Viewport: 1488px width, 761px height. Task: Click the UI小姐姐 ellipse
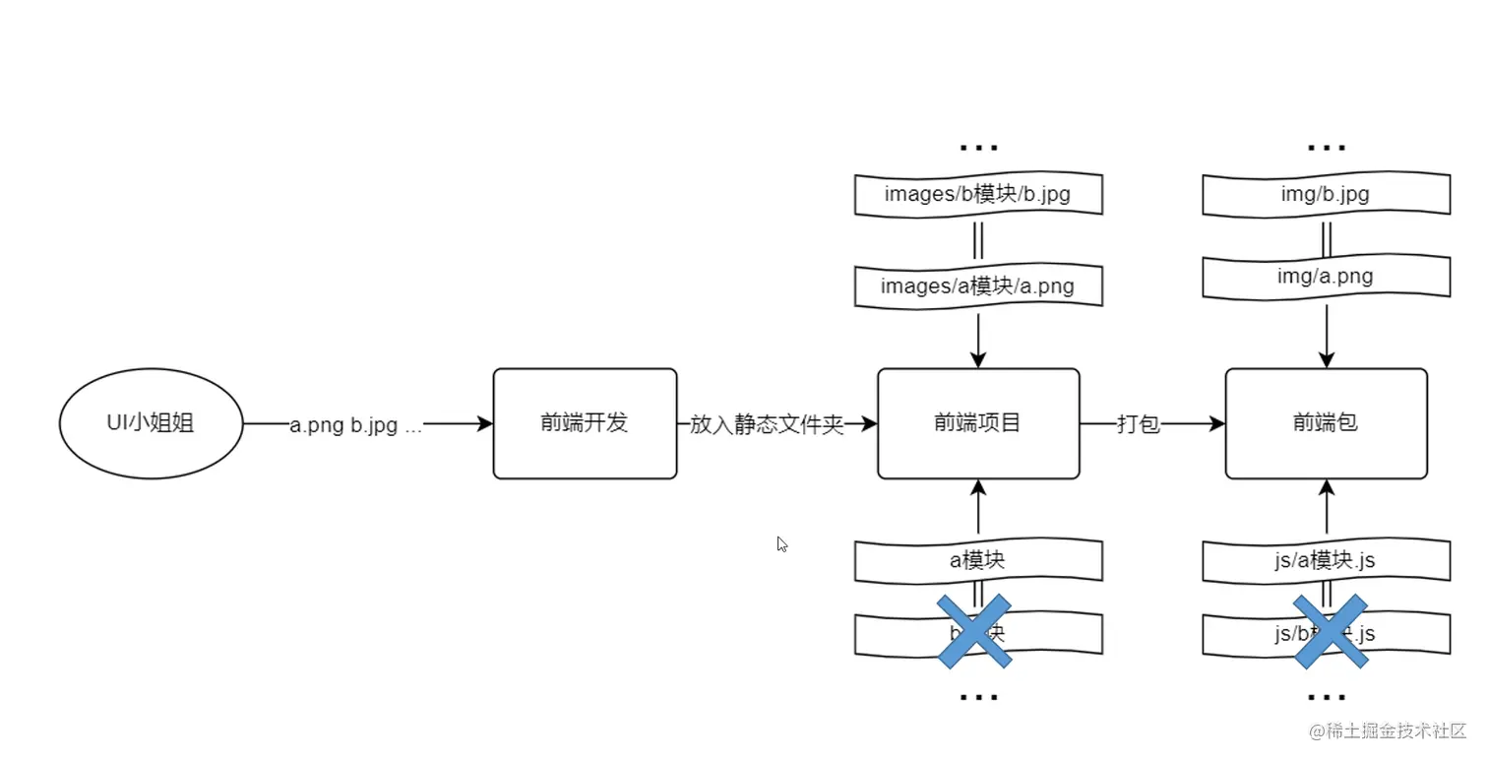(151, 423)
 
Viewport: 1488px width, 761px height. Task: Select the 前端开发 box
(585, 423)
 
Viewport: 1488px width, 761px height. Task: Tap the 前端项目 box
(977, 423)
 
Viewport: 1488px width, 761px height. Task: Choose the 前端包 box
(1326, 423)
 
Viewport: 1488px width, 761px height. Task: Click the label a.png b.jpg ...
(355, 426)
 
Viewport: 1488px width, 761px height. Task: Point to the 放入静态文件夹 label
(767, 425)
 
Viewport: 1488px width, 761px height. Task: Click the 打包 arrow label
(1138, 425)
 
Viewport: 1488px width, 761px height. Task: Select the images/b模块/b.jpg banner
(977, 194)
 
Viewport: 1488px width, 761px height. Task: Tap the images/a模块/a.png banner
(977, 286)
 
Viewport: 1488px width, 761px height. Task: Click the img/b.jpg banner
(1326, 194)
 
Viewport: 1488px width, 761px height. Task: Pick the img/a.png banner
(1326, 276)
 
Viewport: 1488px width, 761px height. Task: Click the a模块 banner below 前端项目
(977, 560)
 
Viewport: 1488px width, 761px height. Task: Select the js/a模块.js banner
(1326, 560)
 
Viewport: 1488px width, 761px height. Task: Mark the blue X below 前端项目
(974, 631)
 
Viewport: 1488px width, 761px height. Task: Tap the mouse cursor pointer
(782, 543)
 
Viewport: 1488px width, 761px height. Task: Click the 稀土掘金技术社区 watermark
(1388, 731)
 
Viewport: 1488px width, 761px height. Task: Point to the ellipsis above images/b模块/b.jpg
(978, 148)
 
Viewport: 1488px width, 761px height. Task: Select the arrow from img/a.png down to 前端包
(1327, 335)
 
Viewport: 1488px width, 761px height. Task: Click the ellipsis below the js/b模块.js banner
(1327, 697)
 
